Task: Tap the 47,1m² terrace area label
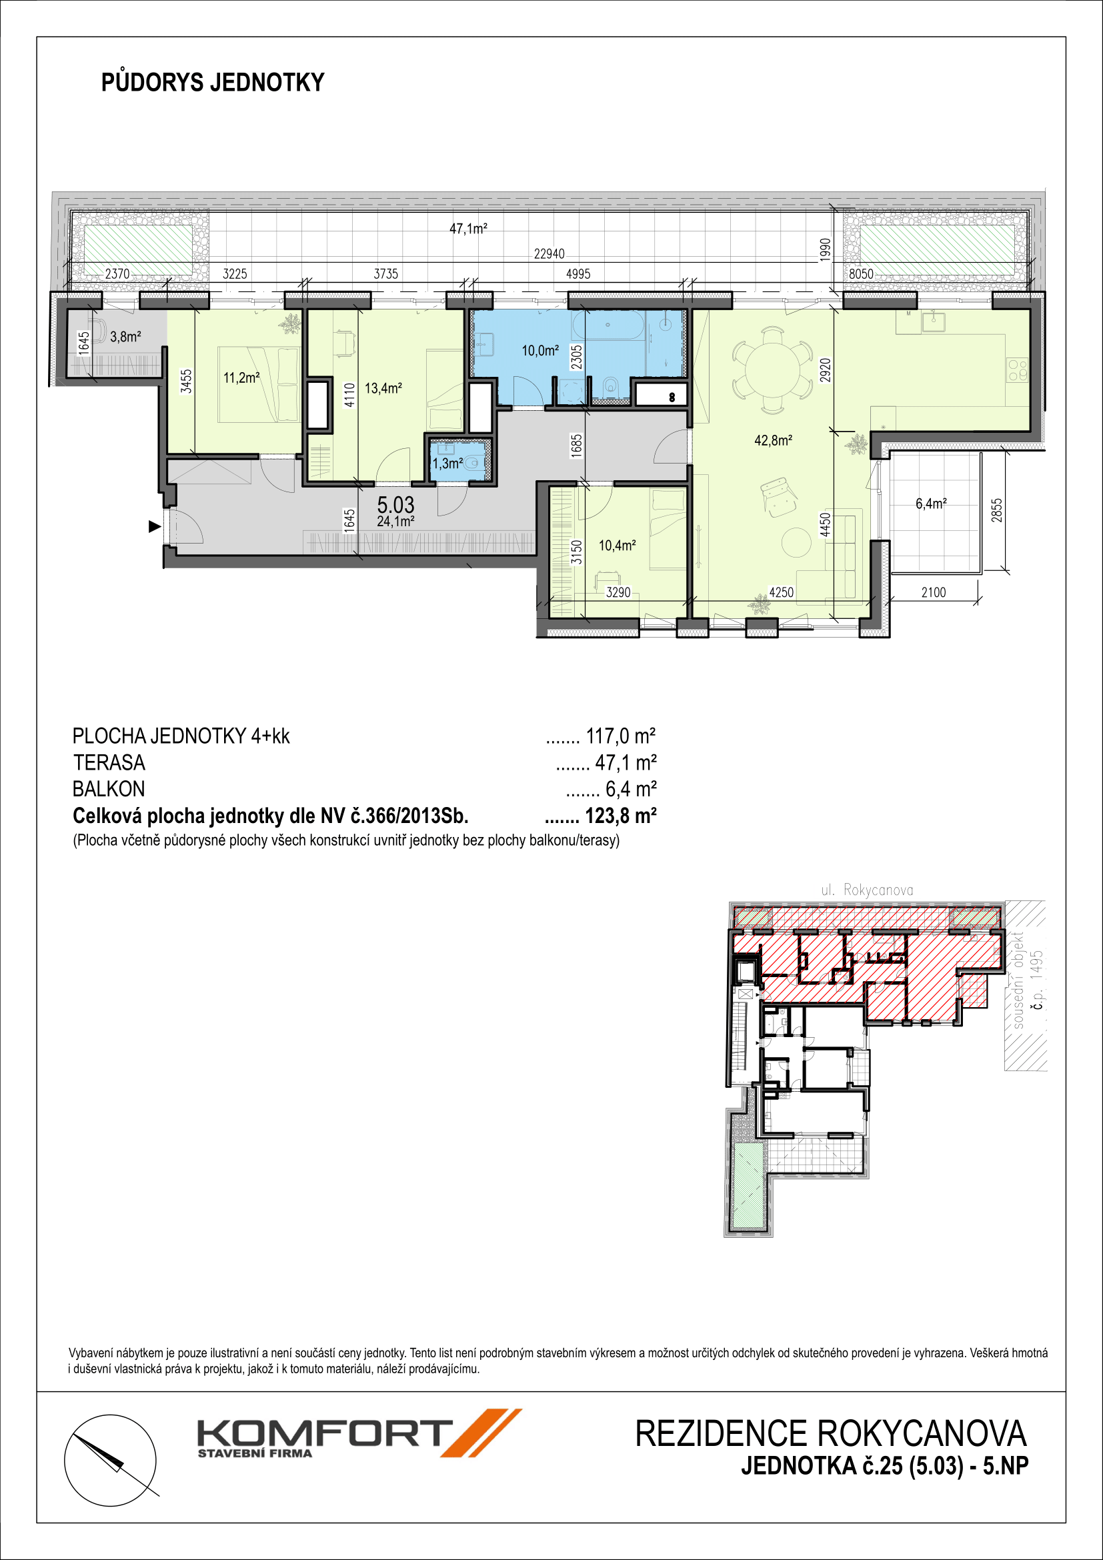click(x=469, y=229)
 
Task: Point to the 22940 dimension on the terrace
click(x=549, y=253)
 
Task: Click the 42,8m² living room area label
click(x=774, y=440)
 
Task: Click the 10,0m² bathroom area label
click(x=540, y=351)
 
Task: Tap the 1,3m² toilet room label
click(x=447, y=464)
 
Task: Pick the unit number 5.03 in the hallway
click(x=395, y=505)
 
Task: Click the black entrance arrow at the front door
click(x=155, y=526)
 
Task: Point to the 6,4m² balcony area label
click(x=930, y=504)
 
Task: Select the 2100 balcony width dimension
click(x=933, y=592)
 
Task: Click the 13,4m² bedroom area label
click(x=383, y=389)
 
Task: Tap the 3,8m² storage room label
click(x=125, y=336)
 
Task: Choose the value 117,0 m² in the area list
click(x=621, y=736)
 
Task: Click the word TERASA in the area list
click(x=109, y=762)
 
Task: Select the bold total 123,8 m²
click(x=621, y=814)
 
